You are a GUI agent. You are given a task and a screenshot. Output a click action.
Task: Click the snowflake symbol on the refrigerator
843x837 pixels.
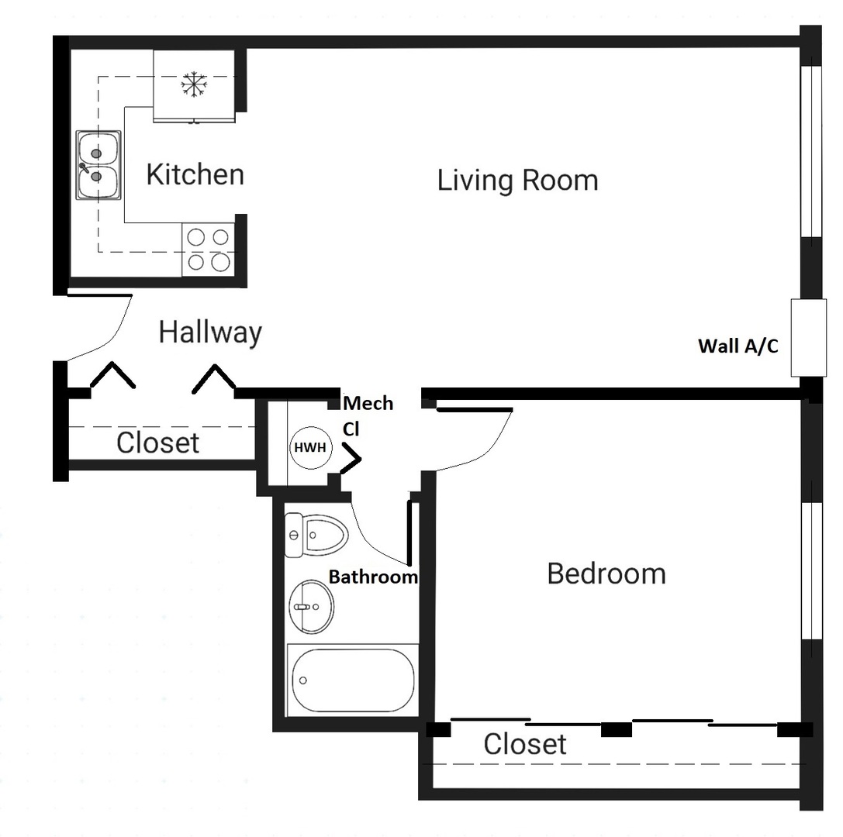(x=193, y=84)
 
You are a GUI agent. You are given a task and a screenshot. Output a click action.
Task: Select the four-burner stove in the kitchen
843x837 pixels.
(x=209, y=250)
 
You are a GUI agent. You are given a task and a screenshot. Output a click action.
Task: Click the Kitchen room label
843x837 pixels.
(x=195, y=175)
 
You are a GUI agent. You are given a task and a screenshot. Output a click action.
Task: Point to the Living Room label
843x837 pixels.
(x=517, y=181)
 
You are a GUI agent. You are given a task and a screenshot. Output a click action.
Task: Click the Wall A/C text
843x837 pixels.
(x=738, y=346)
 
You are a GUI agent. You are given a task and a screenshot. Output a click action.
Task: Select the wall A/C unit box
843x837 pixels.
(x=808, y=337)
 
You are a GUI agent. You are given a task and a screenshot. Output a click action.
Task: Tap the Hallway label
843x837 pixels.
(x=210, y=332)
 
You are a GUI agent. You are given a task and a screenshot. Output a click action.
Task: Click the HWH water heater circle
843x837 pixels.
(x=310, y=447)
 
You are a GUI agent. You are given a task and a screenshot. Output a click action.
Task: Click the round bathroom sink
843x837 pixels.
(x=311, y=606)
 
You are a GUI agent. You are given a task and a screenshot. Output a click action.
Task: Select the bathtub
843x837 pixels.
(x=353, y=680)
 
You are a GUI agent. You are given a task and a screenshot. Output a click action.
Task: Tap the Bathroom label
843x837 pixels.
(x=373, y=577)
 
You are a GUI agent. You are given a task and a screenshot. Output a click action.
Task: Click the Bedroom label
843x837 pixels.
(x=606, y=574)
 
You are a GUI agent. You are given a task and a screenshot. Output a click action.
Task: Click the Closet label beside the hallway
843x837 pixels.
(x=157, y=443)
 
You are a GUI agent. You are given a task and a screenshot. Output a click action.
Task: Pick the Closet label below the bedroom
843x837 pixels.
(x=524, y=744)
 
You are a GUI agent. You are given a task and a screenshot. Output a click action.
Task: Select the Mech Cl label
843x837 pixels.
(x=367, y=415)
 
